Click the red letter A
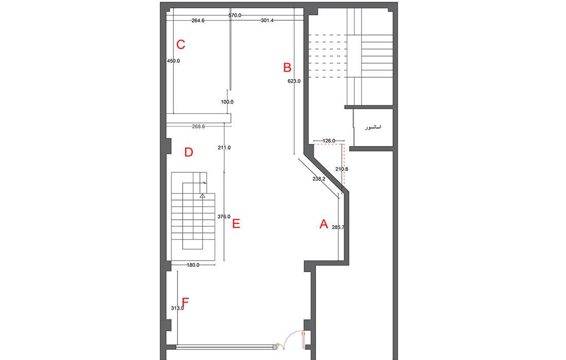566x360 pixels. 324,224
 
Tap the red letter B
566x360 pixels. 287,67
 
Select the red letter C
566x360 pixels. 181,44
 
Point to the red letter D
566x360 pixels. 188,152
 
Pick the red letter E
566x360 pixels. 236,224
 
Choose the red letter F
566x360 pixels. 185,301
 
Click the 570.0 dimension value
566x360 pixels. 235,15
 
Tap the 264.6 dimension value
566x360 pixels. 198,21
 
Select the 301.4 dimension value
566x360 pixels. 267,21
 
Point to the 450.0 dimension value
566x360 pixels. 173,61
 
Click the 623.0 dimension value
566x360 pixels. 294,81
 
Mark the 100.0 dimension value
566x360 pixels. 227,102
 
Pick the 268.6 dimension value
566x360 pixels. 199,127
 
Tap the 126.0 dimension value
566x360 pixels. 328,141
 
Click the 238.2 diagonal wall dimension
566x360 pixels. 319,178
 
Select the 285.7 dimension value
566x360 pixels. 338,228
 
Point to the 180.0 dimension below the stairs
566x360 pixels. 193,265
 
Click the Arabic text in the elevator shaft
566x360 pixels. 373,128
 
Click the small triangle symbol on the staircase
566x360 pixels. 203,196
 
